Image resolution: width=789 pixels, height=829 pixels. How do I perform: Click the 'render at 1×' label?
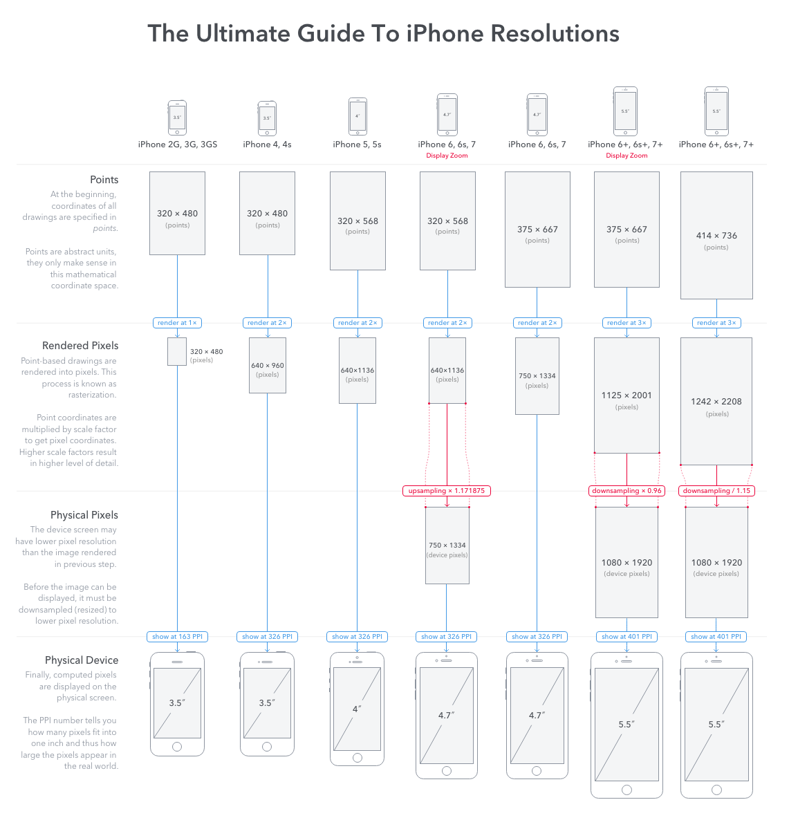tap(177, 323)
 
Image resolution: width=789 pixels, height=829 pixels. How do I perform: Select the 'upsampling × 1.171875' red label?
tap(447, 491)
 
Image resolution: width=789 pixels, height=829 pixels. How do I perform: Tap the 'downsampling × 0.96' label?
tap(626, 491)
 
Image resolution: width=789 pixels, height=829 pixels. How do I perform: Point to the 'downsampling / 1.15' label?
tap(716, 491)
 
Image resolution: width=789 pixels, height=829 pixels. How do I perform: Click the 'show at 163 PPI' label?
tap(177, 637)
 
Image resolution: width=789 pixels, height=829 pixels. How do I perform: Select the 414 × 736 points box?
tap(716, 235)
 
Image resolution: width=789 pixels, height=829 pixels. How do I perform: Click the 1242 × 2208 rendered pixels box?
tap(716, 401)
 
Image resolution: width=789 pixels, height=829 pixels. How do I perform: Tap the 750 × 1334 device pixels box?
tap(447, 546)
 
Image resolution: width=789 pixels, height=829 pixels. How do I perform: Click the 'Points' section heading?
tap(104, 180)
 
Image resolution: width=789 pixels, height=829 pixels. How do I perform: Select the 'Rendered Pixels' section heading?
tap(80, 346)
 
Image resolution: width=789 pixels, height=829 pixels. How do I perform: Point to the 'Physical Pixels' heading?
tap(84, 515)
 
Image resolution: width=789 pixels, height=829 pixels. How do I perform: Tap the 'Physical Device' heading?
tap(82, 660)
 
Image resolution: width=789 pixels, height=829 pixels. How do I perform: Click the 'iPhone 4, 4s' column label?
tap(267, 145)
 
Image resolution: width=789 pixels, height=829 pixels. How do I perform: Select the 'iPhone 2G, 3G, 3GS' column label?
tap(177, 145)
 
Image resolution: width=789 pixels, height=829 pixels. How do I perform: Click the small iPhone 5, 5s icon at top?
tap(358, 116)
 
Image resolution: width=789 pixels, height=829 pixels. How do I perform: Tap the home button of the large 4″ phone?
tap(358, 758)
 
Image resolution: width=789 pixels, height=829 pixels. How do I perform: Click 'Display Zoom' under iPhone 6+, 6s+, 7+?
tap(626, 156)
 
